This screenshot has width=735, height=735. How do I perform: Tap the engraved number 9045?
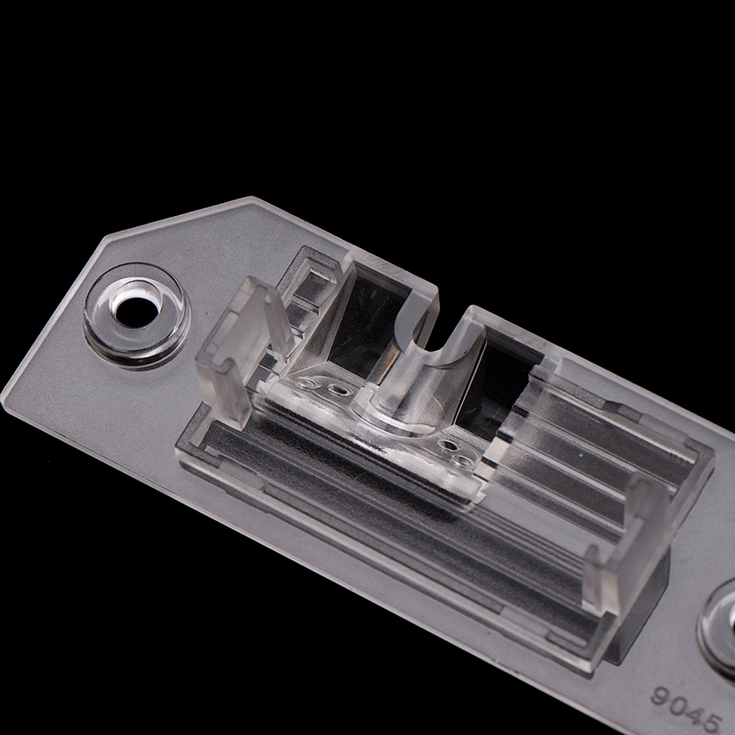pyautogui.click(x=686, y=707)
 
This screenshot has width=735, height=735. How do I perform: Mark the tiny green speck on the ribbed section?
pyautogui.click(x=581, y=454)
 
